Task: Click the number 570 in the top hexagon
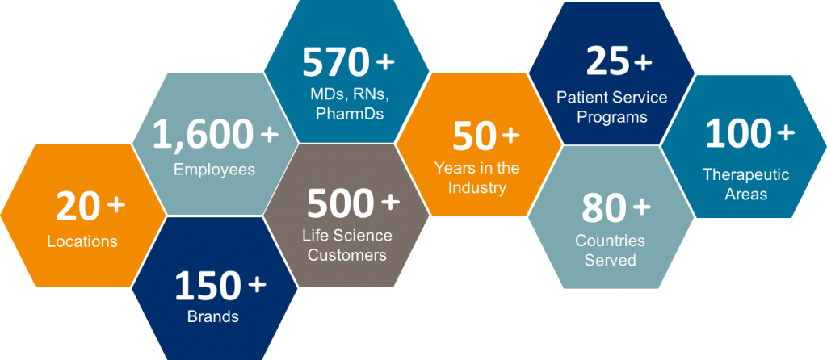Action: click(x=335, y=63)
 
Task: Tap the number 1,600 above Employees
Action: click(x=201, y=135)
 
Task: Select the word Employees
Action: click(x=214, y=170)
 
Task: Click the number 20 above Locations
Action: click(x=78, y=207)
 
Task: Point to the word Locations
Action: click(x=82, y=241)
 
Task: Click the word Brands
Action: click(x=213, y=316)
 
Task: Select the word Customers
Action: click(x=347, y=255)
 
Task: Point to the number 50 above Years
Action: click(x=473, y=137)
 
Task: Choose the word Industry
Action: click(x=476, y=187)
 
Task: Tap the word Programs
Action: click(x=612, y=116)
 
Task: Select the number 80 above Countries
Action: click(x=603, y=209)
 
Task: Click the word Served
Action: click(x=611, y=260)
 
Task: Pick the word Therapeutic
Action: click(x=745, y=174)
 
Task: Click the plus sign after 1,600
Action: click(x=270, y=135)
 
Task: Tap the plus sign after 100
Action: click(x=786, y=133)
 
